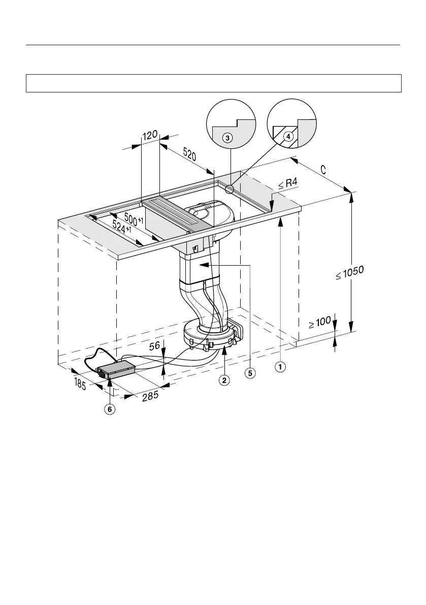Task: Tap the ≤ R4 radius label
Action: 288,184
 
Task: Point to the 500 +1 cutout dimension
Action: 134,221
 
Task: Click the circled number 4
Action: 288,136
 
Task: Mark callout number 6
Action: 110,408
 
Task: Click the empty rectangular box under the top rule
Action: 213,83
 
